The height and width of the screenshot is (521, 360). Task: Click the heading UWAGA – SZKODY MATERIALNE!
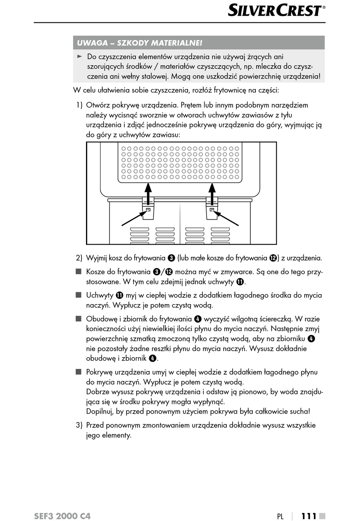click(x=139, y=43)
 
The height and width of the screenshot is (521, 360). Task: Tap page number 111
click(x=309, y=516)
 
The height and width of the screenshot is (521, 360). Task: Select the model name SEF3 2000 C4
click(x=62, y=516)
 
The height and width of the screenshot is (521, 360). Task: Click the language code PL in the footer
click(x=280, y=516)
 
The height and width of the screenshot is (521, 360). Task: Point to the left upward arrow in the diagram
click(x=148, y=192)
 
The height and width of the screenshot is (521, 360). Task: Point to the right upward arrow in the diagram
click(x=212, y=192)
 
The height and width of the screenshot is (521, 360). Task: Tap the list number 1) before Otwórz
click(x=79, y=105)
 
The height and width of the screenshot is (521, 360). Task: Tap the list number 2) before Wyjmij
click(x=79, y=258)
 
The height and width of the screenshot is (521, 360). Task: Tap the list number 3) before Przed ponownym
click(x=79, y=425)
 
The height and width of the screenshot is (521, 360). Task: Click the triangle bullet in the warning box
click(x=80, y=56)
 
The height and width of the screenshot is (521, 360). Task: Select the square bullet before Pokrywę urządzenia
click(x=78, y=372)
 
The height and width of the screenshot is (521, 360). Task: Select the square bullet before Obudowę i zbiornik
click(x=78, y=319)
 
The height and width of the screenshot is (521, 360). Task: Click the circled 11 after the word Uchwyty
click(x=119, y=295)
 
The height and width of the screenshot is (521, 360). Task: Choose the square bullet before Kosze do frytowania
click(x=78, y=272)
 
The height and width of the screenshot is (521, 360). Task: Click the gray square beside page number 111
click(x=322, y=516)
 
